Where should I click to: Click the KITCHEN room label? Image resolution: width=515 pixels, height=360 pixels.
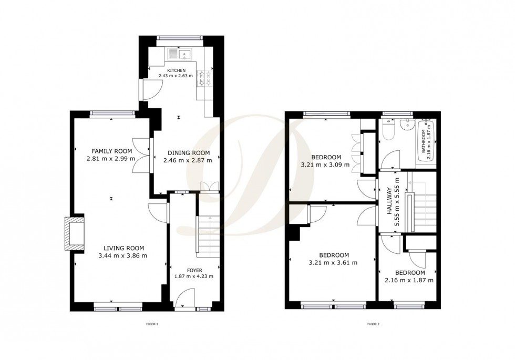tap(177, 70)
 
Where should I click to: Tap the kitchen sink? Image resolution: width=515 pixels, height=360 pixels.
tap(181, 54)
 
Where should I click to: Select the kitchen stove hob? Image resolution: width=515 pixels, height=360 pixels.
tap(204, 78)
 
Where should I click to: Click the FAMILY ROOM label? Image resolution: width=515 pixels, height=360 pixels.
tap(111, 151)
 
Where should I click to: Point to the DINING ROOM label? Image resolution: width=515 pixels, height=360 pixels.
tap(189, 153)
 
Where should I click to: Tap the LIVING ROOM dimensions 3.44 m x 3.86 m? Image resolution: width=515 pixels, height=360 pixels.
tap(123, 255)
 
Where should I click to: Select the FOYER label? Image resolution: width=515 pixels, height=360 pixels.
tap(194, 270)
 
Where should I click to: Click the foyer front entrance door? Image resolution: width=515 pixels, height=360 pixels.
tap(184, 299)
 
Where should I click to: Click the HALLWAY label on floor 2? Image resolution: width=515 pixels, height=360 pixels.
tap(389, 201)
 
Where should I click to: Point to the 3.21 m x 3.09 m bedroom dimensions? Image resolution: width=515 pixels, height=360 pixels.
tap(325, 164)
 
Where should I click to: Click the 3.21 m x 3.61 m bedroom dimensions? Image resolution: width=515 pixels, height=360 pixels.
tap(333, 262)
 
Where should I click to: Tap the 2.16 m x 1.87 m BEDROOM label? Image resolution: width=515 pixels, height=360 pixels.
tap(410, 273)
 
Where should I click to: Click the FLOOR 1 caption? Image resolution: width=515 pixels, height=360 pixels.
tap(152, 324)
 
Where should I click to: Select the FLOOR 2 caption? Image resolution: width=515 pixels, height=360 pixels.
tap(373, 324)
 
